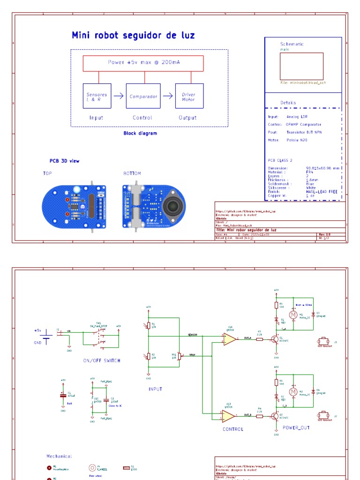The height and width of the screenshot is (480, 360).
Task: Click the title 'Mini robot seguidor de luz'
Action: click(133, 36)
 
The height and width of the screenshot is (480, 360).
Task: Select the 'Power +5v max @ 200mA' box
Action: click(143, 62)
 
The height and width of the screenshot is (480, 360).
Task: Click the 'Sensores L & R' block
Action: click(97, 96)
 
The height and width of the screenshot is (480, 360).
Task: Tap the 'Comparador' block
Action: click(143, 96)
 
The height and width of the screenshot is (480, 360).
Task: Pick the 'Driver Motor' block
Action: click(188, 96)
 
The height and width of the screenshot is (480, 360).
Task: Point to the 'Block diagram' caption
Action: click(140, 133)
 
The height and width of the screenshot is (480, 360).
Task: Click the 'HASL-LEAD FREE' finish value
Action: click(322, 192)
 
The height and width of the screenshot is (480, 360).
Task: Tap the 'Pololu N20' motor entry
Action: click(298, 140)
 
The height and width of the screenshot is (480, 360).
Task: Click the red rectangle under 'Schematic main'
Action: click(301, 66)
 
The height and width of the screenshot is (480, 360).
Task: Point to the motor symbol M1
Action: click(293, 315)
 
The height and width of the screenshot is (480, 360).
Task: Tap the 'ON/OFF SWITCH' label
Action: click(101, 360)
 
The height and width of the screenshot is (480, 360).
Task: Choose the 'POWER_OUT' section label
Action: click(296, 427)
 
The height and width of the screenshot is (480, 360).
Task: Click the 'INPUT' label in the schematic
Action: click(155, 389)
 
